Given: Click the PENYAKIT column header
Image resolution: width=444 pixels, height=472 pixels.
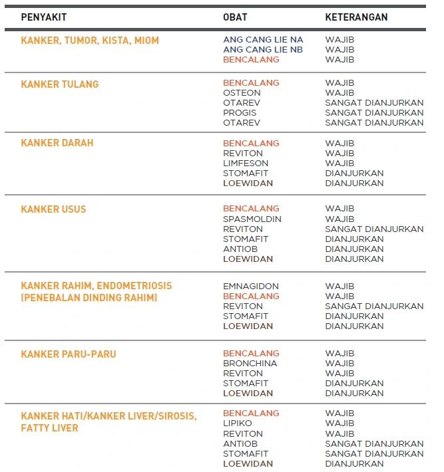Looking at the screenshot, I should coord(44,17).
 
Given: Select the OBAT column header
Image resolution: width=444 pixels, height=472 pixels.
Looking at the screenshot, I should coord(235,17).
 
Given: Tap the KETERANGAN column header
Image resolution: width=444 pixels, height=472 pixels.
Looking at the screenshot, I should coord(356,17).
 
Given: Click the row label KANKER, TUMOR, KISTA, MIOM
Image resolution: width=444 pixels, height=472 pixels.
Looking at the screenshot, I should coord(90,41).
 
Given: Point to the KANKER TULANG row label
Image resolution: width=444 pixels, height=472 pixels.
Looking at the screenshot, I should coord(60,84).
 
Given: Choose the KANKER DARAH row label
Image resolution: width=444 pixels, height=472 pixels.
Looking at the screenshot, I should coord(57,143).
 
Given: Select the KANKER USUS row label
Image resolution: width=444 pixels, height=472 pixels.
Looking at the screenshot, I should coord(53,209).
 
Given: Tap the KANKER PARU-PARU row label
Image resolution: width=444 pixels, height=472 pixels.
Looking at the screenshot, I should coord(69,354).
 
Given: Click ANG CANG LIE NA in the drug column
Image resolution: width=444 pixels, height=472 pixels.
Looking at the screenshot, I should coord(263,40).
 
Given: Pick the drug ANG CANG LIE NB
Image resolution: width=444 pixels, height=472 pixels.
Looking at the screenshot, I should coord(263,50).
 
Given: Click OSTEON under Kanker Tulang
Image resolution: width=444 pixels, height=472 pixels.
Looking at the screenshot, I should coord(242,93).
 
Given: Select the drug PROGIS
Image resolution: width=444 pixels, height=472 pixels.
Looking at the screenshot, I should coord(240,113).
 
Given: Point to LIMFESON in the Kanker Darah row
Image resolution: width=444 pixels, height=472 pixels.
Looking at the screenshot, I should coord(246,163).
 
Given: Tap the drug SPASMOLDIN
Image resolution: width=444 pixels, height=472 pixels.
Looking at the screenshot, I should coord(252,219).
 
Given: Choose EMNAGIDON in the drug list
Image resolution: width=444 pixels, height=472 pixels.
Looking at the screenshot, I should coord(251,287).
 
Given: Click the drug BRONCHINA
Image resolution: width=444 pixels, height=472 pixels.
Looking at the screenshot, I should coord(250,364).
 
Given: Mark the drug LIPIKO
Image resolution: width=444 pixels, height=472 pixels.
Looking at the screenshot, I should coord(237,423).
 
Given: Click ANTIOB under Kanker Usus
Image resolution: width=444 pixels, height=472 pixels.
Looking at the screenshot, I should coord(240,249).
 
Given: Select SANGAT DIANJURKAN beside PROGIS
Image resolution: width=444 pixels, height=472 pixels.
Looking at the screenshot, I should coord(374,113).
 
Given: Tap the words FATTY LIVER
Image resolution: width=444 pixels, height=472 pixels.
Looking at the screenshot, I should coord(49,429).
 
